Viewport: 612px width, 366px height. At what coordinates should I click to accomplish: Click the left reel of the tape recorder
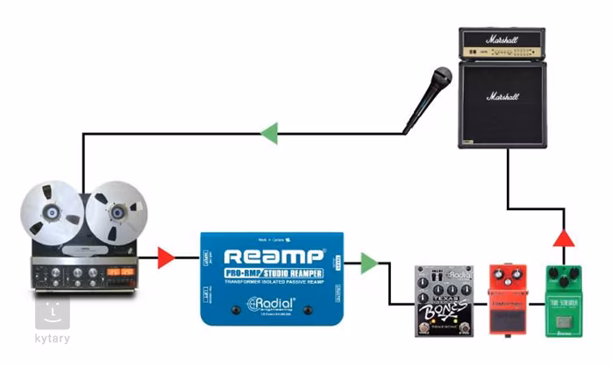pyautogui.click(x=53, y=213)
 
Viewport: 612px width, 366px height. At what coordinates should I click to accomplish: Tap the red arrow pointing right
pyautogui.click(x=166, y=257)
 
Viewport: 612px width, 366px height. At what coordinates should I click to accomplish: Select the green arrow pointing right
pyautogui.click(x=369, y=263)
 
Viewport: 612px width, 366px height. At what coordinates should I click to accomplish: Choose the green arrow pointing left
pyautogui.click(x=269, y=134)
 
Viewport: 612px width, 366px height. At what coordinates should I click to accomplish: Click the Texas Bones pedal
pyautogui.click(x=444, y=300)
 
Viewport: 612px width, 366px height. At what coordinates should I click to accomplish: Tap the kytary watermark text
pyautogui.click(x=52, y=338)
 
